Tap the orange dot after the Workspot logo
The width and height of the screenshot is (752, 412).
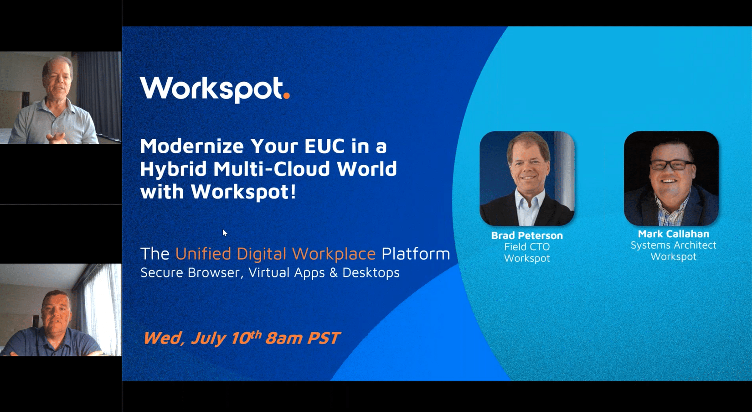pos(286,95)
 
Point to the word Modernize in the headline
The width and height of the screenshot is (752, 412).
pos(192,146)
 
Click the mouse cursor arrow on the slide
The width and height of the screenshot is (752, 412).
pos(225,233)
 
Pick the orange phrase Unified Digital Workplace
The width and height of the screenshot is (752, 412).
pos(275,254)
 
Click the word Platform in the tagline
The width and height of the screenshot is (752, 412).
pos(416,254)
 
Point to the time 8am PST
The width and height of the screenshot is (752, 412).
pos(303,338)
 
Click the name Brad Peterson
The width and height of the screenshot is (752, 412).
pos(527,236)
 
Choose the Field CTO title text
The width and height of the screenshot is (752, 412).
pos(527,247)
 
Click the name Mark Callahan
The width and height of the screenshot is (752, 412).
pos(673,234)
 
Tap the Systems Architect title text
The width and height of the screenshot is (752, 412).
pos(673,245)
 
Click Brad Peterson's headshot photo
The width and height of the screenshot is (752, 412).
pos(527,178)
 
